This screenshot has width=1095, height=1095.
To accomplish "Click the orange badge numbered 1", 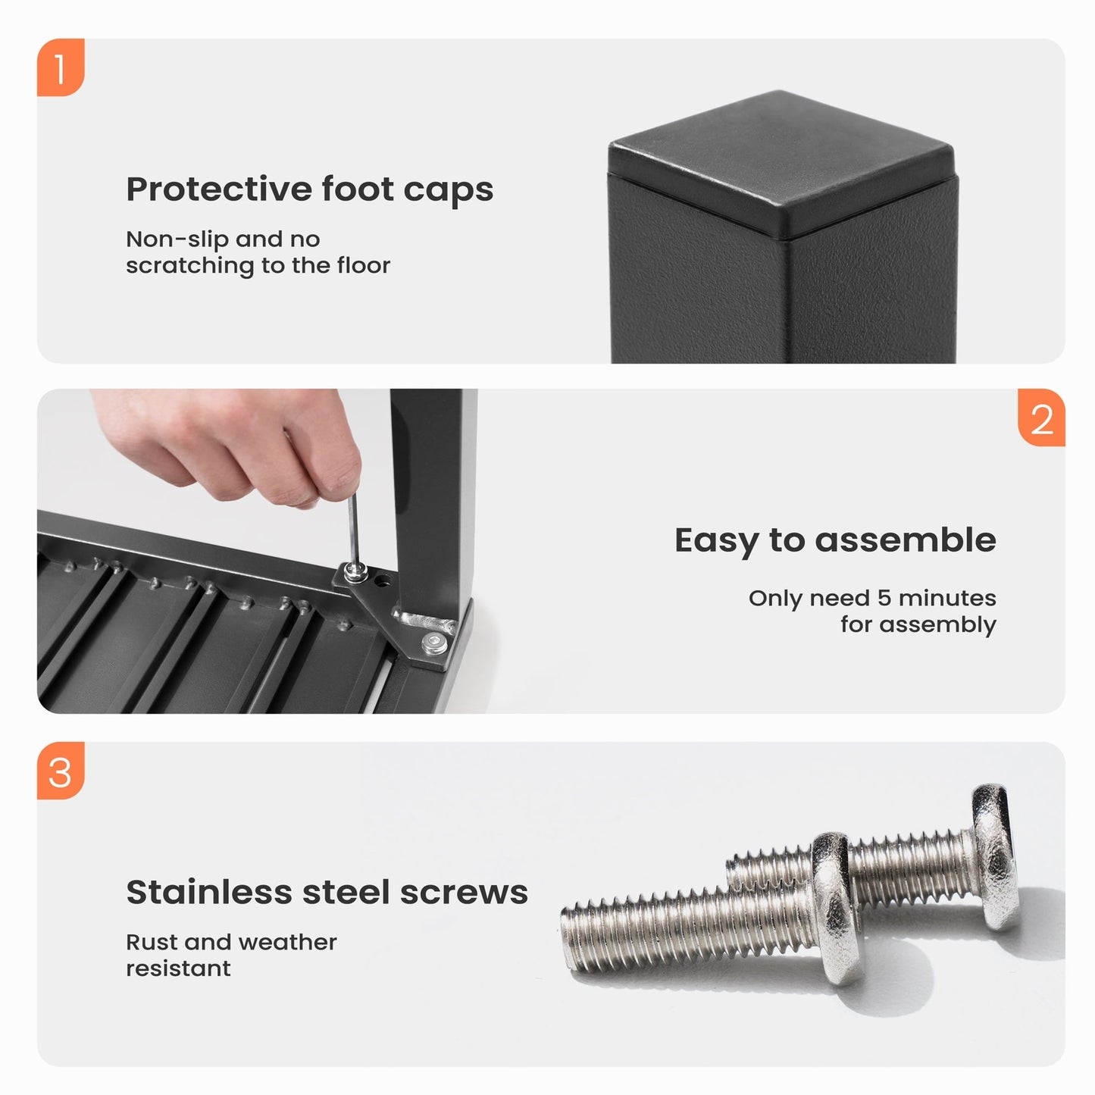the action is (61, 67).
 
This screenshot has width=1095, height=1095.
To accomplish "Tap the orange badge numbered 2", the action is (1041, 417).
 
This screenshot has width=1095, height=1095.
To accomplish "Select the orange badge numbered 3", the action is (61, 770).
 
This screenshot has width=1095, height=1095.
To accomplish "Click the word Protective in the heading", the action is (219, 189).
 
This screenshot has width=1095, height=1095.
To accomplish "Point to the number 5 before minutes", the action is (884, 599).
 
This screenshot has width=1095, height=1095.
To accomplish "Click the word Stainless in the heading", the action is (208, 892).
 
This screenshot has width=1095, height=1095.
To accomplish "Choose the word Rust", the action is (152, 942).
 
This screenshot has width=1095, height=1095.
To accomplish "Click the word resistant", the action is (178, 968).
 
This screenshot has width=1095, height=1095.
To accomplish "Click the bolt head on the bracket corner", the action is (434, 643).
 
